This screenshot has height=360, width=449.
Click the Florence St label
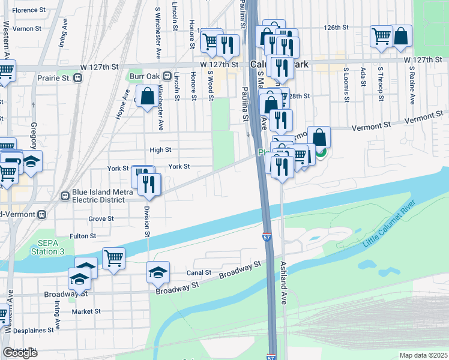(x=29, y=10)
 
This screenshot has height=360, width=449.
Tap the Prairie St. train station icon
(x=77, y=78)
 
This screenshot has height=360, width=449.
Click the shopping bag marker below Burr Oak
(x=148, y=97)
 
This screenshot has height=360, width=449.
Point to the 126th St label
(x=337, y=28)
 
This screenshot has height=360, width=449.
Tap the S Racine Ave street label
(x=396, y=83)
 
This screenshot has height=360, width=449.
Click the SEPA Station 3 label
(x=38, y=247)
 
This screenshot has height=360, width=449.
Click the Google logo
(x=20, y=353)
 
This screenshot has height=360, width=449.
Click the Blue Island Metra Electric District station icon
(x=65, y=196)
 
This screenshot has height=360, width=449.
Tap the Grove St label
(x=101, y=219)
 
